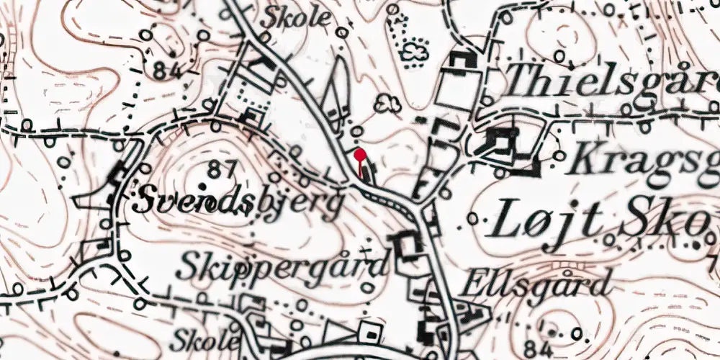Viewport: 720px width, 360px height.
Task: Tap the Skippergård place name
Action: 282,266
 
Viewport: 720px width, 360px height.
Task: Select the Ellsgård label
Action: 537,284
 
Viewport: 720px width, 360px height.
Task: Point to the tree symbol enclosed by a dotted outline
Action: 413,51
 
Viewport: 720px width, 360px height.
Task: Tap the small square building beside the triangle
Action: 371,333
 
